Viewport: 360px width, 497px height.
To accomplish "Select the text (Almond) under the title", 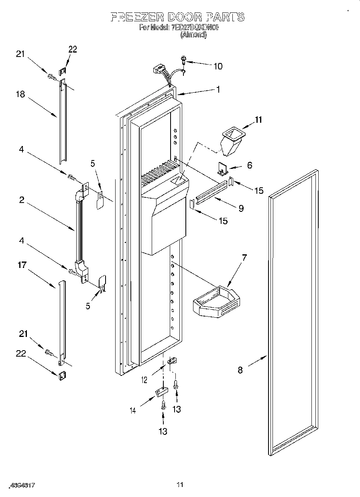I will click(x=193, y=35).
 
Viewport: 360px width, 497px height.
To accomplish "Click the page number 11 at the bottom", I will click(x=180, y=485).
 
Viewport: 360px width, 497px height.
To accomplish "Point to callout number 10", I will click(x=218, y=66).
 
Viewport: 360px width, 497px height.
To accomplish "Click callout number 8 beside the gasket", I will click(x=240, y=370).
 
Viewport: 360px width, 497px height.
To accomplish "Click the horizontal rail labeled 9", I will click(x=209, y=191).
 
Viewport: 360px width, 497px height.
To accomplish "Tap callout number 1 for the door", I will click(x=218, y=89).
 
